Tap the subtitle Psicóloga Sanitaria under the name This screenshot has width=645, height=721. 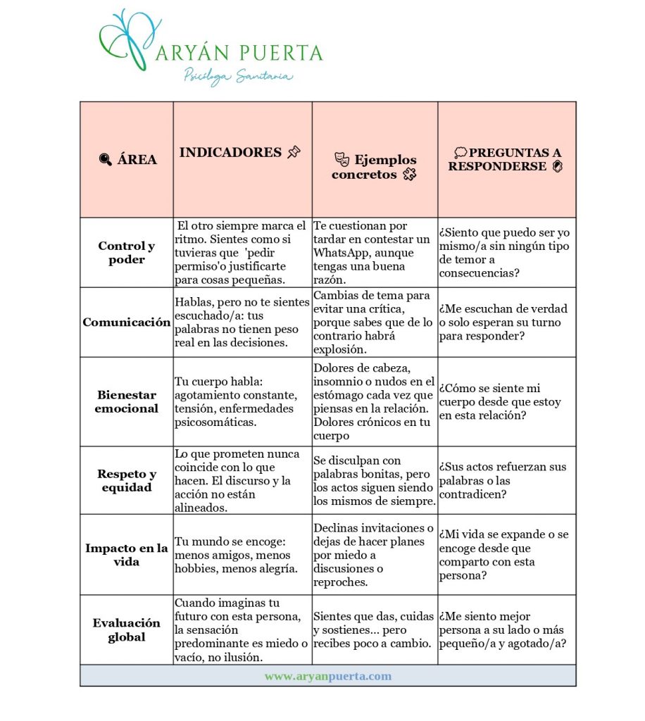pos(238,76)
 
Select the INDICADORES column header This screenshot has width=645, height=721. pos(230,153)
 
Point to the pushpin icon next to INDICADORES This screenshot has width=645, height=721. pos(294,152)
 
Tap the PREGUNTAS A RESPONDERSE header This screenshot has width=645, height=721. pos(504,160)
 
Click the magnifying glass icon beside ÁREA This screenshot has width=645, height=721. pos(106,160)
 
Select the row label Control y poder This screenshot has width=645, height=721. pos(127,253)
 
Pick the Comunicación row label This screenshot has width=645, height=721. pos(127,322)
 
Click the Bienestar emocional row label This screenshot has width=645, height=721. pos(127,401)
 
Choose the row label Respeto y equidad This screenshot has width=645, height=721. pos(127,480)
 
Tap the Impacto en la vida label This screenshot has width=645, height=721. pos(127,555)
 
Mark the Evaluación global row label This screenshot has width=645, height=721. pos(127,630)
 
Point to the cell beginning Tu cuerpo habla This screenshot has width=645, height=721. pos(241,401)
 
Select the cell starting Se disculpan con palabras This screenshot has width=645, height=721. pos(375,481)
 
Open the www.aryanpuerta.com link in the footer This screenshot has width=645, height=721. pos(328,676)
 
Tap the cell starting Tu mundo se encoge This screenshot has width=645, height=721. pos(241,556)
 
